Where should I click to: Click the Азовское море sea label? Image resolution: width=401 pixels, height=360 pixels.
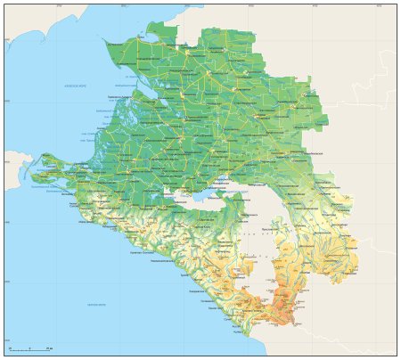tap(75, 85)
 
